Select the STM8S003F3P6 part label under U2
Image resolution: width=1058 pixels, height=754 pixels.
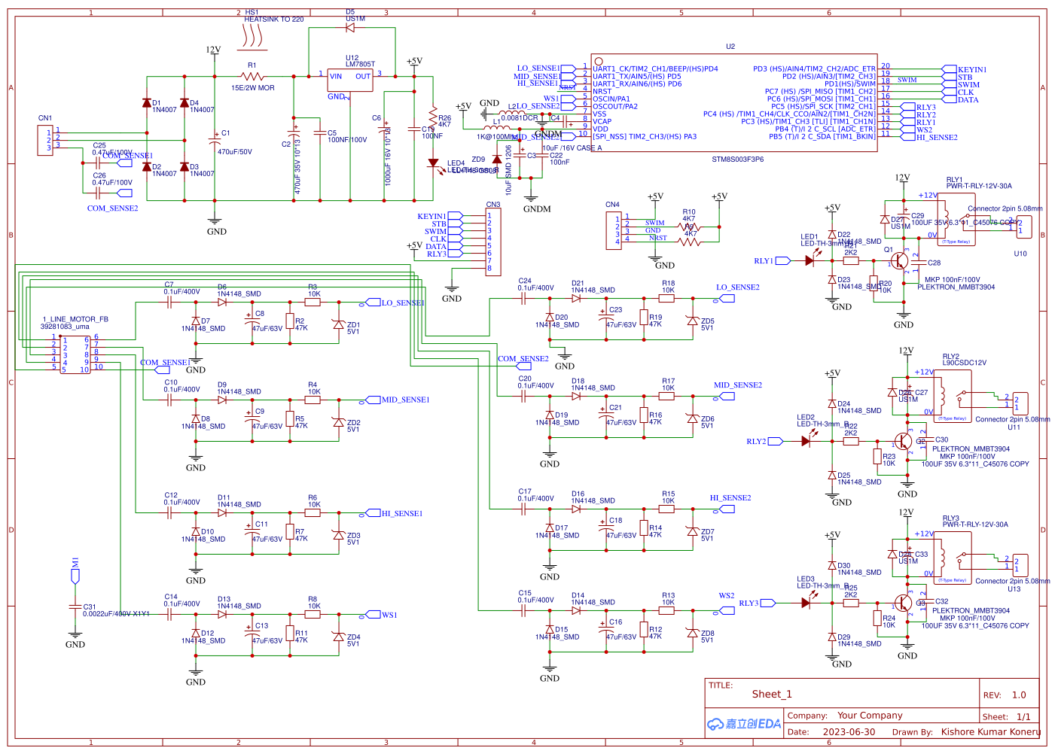[x=737, y=160]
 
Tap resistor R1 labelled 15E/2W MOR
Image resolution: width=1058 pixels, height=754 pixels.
[x=252, y=76]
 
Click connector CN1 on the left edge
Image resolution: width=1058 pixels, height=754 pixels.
[x=46, y=140]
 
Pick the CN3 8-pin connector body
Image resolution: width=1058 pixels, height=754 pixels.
[x=493, y=242]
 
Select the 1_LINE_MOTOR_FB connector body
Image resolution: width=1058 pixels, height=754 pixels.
[x=75, y=354]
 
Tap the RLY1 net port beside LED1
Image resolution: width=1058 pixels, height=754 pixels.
[x=782, y=261]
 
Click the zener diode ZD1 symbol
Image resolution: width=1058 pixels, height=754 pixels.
[x=338, y=324]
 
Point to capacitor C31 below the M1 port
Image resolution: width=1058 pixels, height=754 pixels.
[x=75, y=607]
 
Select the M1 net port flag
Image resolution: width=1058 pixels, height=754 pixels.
[x=75, y=576]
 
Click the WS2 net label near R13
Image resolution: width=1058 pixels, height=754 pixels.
[x=726, y=595]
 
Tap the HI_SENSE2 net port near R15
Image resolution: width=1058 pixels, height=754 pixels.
[x=727, y=509]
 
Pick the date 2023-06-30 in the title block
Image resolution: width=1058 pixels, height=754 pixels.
[x=849, y=731]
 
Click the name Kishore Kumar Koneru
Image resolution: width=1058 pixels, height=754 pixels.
[x=990, y=731]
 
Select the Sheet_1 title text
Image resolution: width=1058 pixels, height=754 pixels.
[x=772, y=695]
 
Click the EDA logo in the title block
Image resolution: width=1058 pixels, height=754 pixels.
[x=744, y=724]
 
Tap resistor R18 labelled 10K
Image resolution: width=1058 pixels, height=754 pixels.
[x=667, y=298]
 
